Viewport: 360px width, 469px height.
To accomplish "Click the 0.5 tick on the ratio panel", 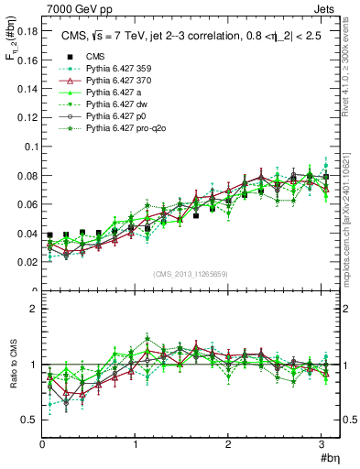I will (28, 420).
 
